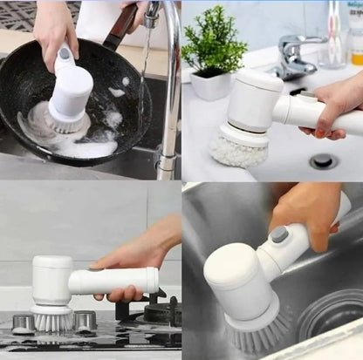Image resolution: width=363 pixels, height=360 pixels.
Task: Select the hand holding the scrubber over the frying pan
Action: [53, 26]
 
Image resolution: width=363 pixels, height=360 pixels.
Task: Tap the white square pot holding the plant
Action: [210, 85]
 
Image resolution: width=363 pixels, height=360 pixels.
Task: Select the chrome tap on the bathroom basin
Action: [294, 58]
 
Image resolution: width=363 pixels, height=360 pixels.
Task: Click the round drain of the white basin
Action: [323, 160]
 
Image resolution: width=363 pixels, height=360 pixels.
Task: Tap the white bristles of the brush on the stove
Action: [53, 321]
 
